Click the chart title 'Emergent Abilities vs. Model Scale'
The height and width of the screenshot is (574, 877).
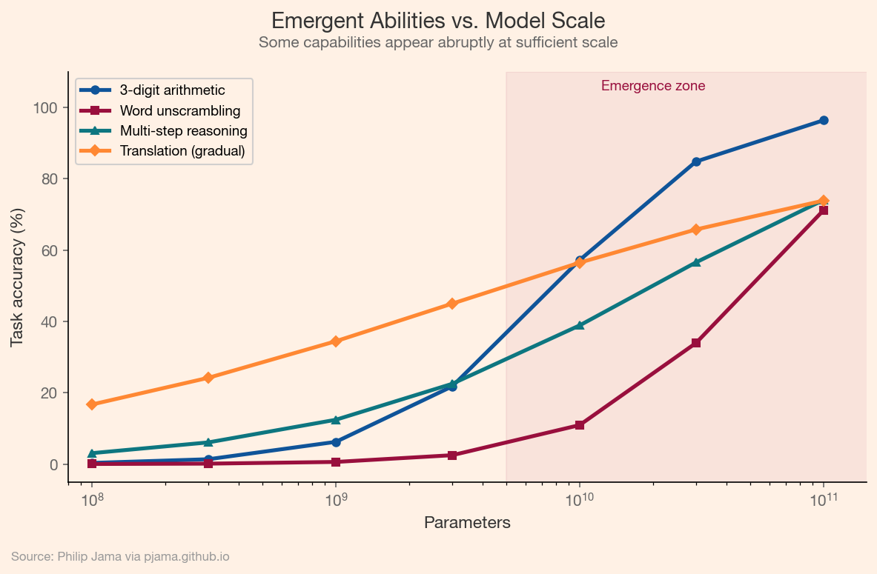click(x=438, y=20)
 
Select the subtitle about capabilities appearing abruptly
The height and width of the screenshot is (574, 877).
click(x=438, y=42)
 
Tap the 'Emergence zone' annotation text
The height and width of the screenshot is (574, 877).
click(x=652, y=86)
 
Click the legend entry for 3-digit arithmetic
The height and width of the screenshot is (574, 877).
click(x=172, y=90)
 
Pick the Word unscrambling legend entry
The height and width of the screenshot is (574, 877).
click(x=179, y=111)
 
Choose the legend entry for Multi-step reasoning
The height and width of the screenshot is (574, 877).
click(x=183, y=131)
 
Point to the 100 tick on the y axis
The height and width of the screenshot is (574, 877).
click(x=46, y=108)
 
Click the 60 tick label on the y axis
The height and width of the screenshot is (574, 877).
click(x=49, y=250)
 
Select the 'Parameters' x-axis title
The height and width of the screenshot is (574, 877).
click(x=467, y=523)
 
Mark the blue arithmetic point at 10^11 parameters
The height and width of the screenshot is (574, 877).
click(x=824, y=121)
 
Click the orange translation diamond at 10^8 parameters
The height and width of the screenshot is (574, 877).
click(x=92, y=404)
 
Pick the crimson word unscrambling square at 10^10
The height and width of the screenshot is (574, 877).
click(x=580, y=425)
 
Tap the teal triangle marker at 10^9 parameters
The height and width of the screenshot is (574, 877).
click(x=336, y=420)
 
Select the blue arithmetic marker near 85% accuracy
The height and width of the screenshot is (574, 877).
click(x=696, y=161)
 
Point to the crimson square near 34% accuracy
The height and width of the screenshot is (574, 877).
click(x=696, y=343)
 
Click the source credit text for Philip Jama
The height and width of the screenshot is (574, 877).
click(x=120, y=556)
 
